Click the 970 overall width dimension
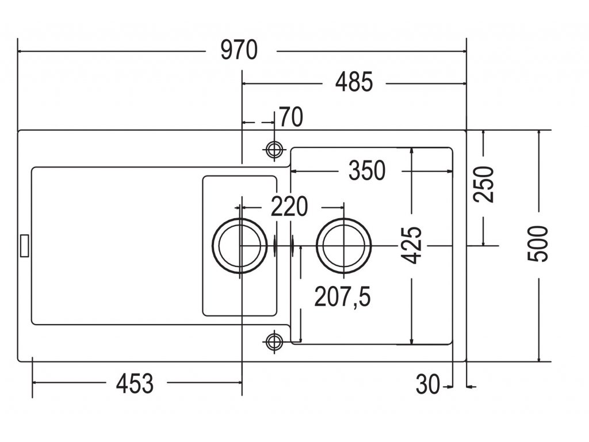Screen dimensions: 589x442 [239, 50]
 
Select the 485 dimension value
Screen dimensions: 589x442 [354, 82]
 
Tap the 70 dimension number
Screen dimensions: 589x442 [291, 117]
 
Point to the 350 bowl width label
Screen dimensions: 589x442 [367, 170]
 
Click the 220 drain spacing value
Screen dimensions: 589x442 [289, 207]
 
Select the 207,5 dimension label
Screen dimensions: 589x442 [342, 296]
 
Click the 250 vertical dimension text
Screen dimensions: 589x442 [484, 185]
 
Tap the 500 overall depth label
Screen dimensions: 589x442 [538, 244]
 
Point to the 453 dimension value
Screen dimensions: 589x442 [135, 384]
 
